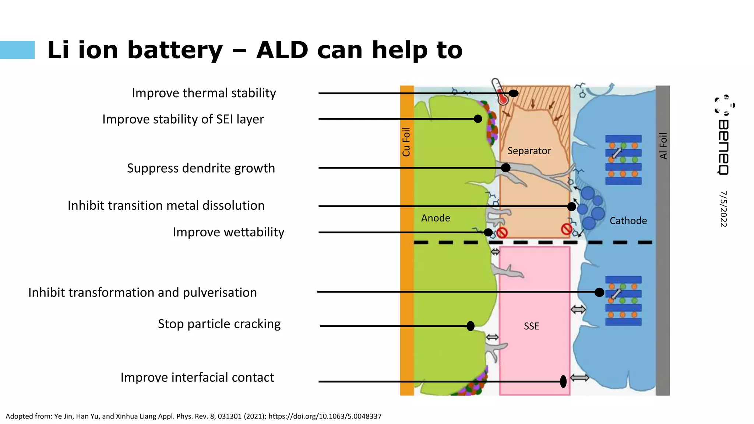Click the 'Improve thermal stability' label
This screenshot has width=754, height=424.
tap(204, 93)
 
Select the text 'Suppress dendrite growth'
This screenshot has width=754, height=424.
tap(201, 168)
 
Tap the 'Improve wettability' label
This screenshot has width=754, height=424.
tap(228, 232)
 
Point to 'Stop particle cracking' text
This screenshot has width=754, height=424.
tap(219, 324)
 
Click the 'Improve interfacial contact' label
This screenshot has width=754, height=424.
tap(197, 378)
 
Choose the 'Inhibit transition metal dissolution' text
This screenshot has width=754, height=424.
tap(166, 205)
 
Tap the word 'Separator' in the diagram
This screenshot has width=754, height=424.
tap(529, 151)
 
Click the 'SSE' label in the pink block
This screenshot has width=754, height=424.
tap(531, 326)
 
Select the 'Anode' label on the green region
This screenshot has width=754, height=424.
tap(436, 218)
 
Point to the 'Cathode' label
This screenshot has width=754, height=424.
tap(628, 221)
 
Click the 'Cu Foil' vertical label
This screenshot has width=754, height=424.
tap(406, 142)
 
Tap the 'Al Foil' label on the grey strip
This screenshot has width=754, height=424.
tap(663, 146)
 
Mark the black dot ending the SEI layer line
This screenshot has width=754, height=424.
tap(478, 119)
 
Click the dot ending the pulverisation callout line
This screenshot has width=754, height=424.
tap(599, 292)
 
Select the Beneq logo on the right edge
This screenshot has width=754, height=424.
tap(724, 134)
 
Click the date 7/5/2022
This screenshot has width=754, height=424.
tap(723, 209)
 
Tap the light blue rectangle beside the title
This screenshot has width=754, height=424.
tap(17, 50)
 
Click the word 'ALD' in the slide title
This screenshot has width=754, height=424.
tap(282, 50)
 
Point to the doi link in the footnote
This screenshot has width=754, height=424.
tap(325, 416)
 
